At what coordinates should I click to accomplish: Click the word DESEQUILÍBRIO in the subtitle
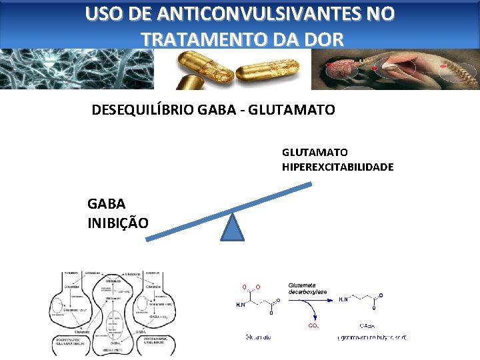pos(143,109)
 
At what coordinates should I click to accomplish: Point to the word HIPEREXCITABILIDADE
pos(337,166)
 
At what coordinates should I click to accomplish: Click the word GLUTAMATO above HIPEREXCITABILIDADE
pos(315,152)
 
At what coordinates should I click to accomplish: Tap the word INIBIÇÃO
pos(118,221)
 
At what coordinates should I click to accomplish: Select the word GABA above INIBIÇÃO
pos(105,203)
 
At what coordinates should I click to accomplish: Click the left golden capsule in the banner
pos(198,69)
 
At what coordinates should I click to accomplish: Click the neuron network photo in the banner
pos(77,69)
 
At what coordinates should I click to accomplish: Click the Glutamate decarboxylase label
pos(308,287)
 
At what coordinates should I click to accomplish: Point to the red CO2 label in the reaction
pos(313,326)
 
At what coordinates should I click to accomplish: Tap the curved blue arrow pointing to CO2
pos(303,311)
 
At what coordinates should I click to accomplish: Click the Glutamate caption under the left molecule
pos(258,337)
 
